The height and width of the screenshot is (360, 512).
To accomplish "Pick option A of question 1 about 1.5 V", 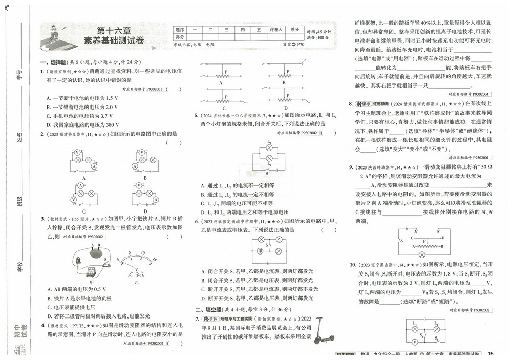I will [82, 98].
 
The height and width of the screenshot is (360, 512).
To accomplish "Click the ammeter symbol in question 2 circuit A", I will [93, 167].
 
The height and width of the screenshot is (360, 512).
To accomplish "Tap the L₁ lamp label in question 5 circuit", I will [268, 141].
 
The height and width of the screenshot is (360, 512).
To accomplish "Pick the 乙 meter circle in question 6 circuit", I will [279, 239].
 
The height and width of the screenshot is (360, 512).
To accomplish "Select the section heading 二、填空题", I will [210, 310].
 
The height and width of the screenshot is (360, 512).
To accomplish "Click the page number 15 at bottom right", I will [490, 353].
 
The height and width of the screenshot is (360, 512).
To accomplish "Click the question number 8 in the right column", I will [350, 104].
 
